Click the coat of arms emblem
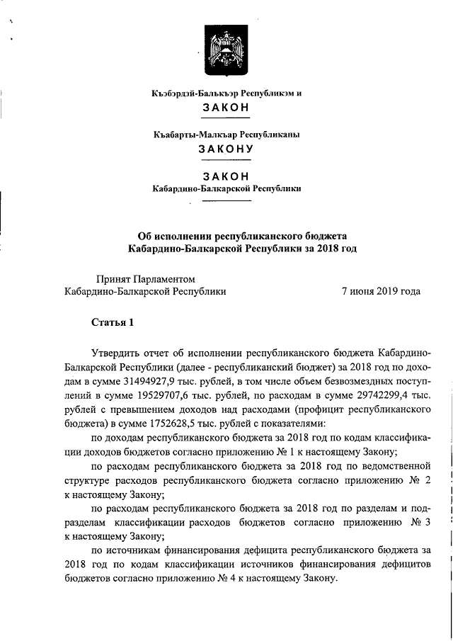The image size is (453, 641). coord(226,50)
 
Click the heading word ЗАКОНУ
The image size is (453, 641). coord(226,149)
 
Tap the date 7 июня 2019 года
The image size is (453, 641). coord(381,291)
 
